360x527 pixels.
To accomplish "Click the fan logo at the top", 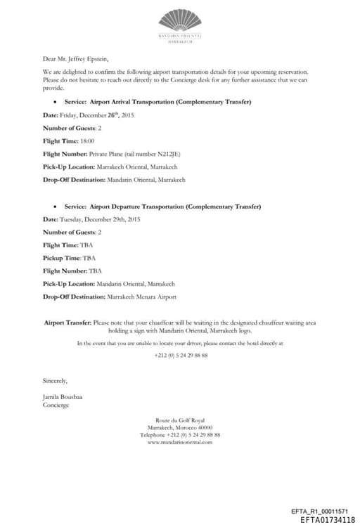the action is click(181, 20).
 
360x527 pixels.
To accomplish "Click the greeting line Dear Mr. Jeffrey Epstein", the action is click(76, 58).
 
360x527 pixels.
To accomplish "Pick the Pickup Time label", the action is click(62, 258).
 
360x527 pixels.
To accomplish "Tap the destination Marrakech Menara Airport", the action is click(141, 297).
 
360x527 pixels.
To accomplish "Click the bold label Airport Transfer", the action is click(67, 323).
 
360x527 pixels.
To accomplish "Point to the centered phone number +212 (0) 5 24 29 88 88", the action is click(181, 356).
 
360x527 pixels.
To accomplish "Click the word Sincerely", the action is click(56, 382).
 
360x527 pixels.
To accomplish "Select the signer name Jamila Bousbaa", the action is click(63, 397).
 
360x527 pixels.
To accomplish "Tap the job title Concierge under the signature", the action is click(56, 405).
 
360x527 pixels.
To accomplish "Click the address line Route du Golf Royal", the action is click(180, 420).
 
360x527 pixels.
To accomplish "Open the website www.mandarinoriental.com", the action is click(180, 442).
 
